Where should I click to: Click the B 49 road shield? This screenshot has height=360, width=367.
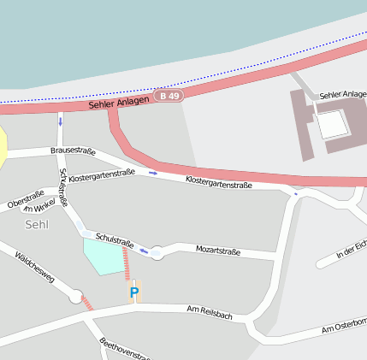click(x=169, y=97)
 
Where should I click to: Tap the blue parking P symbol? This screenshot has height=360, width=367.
click(x=133, y=293)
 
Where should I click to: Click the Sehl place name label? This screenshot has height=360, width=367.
click(x=38, y=224)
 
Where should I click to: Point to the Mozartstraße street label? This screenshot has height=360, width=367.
click(x=218, y=251)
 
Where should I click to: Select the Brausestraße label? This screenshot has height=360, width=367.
click(x=73, y=150)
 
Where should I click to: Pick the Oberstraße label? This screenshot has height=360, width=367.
click(x=25, y=199)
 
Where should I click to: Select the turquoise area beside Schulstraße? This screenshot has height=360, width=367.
click(x=104, y=256)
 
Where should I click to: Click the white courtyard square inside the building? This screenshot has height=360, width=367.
click(x=333, y=125)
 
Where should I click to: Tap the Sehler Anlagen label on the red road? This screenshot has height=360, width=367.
click(x=118, y=103)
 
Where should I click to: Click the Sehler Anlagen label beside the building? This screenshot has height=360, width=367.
click(x=342, y=94)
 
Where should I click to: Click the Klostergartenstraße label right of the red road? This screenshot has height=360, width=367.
click(x=219, y=182)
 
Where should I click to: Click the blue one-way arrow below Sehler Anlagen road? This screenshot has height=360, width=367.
click(x=61, y=121)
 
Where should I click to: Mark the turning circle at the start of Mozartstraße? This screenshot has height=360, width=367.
click(x=157, y=251)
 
